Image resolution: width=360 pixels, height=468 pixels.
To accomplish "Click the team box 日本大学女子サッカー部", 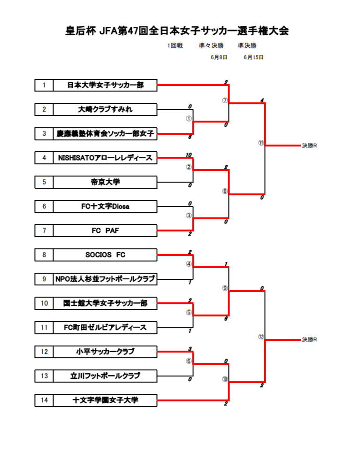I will coord(105,85).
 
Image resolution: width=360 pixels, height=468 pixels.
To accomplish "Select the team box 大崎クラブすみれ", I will coord(105,109).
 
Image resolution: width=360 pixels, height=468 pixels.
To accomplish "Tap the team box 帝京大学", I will coord(105,182).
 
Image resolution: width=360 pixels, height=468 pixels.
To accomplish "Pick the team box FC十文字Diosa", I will coord(105,206).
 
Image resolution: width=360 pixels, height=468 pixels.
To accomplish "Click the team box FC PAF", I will coord(105,230).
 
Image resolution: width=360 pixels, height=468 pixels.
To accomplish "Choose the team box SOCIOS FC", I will coord(105,255).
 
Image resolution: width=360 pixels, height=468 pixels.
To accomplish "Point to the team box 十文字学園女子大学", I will coord(105,400).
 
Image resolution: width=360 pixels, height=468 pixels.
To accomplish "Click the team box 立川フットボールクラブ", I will coord(105,376).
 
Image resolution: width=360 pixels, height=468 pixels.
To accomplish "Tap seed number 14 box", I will coord(44,400).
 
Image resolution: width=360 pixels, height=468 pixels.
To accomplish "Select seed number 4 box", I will coord(44,158).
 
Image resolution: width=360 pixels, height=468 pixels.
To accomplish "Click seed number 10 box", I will coord(44,303).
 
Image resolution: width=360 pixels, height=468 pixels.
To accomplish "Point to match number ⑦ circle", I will coord(225,100).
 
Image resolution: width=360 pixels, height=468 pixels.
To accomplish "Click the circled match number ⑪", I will coord(261,143).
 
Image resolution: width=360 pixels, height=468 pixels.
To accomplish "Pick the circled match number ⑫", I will coord(261,336).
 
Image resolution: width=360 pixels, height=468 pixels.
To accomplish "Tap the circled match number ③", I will coord(189,215).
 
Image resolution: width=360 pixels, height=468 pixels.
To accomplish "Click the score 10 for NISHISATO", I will coord(189,155).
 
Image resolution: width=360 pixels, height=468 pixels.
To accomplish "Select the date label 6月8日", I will coord(219,57).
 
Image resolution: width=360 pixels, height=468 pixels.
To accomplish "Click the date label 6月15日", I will coord(253,57).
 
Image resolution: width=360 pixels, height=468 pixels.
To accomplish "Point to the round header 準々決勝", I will coord(211,46).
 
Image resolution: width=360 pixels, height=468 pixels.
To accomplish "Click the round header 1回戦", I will coord(175,46).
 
